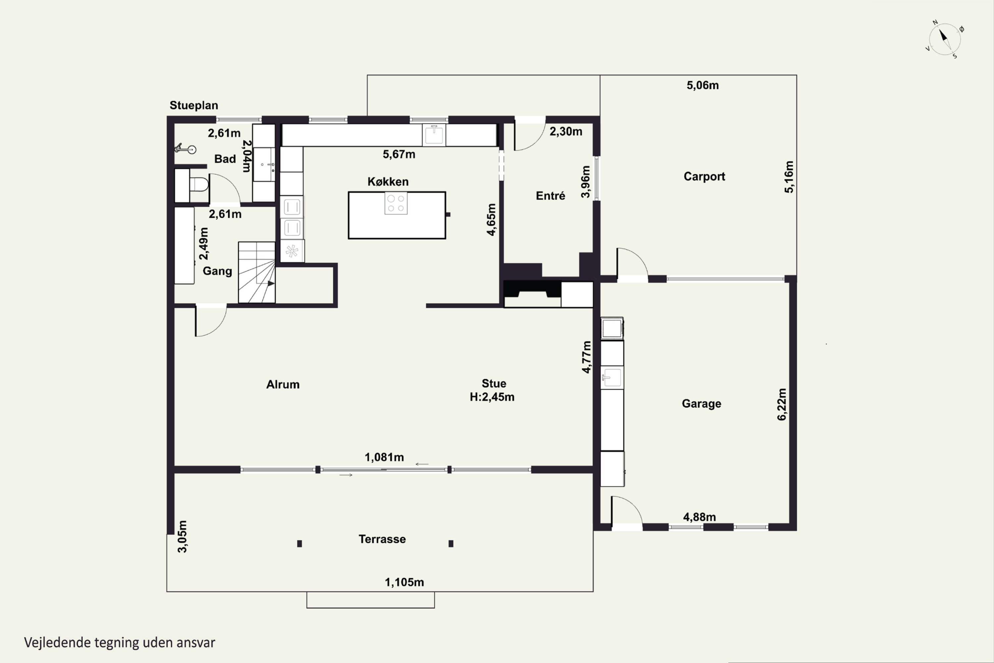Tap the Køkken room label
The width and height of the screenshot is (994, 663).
(388, 182)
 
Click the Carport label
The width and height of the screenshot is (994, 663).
(704, 176)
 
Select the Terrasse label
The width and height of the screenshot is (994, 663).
(382, 539)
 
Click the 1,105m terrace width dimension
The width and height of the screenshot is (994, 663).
(404, 582)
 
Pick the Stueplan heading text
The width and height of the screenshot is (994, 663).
(194, 105)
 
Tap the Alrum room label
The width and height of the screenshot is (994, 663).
(283, 384)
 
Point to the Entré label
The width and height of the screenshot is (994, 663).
(550, 196)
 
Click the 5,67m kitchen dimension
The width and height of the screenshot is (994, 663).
(399, 154)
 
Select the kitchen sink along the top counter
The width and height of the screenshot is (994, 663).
(434, 135)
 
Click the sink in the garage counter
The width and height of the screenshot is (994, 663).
(612, 377)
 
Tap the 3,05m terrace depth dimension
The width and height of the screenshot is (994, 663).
(182, 537)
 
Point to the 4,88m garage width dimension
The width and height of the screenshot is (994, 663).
(699, 517)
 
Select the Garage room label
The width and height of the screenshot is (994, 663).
(701, 404)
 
